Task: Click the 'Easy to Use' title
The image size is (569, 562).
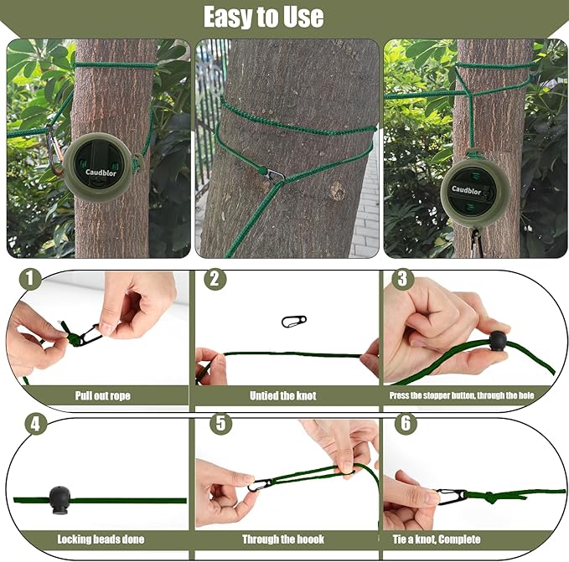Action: (263, 17)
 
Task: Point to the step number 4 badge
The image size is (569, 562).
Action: (34, 424)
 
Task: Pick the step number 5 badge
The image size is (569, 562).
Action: (220, 424)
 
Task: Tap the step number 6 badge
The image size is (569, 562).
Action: (405, 424)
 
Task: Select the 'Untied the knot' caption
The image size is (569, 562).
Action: (283, 395)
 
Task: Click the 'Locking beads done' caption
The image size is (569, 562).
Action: (94, 540)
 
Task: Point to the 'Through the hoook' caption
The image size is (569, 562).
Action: (282, 540)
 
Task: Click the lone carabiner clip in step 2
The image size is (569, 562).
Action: (293, 321)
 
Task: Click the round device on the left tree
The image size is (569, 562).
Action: (99, 166)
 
